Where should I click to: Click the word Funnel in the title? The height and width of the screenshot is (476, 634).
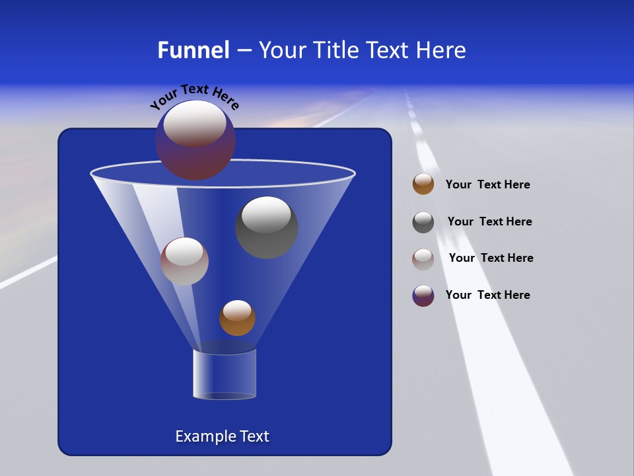click(193, 50)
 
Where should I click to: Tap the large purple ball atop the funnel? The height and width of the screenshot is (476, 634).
click(195, 139)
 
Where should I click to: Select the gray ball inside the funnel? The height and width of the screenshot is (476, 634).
click(267, 228)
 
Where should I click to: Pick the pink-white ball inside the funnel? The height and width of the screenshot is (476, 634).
click(184, 262)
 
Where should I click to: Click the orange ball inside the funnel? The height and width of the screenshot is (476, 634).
click(237, 318)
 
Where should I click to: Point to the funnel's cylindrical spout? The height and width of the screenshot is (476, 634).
click(225, 374)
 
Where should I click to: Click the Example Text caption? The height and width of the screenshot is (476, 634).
click(222, 436)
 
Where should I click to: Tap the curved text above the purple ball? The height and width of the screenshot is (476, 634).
click(194, 97)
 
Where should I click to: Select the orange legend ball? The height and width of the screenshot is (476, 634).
click(423, 184)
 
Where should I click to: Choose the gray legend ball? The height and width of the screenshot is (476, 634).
click(423, 222)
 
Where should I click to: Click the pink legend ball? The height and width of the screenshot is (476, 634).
click(423, 259)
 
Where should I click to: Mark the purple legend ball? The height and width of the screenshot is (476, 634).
click(423, 296)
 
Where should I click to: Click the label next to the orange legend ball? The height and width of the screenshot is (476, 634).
click(487, 185)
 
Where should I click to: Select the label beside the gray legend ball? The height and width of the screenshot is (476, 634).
click(489, 222)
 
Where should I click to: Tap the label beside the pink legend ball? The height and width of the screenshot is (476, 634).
click(491, 258)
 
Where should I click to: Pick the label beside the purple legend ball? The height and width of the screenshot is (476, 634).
click(487, 296)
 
